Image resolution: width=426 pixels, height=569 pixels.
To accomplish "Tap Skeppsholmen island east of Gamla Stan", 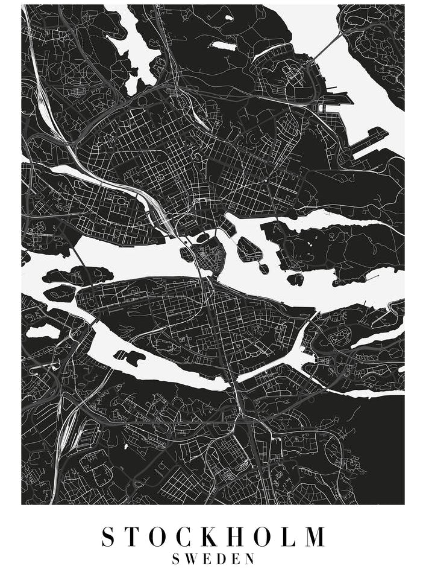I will (248, 248).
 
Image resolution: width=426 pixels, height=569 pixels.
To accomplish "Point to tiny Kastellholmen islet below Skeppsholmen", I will (263, 267).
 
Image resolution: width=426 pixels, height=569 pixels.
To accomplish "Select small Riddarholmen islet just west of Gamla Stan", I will (186, 254).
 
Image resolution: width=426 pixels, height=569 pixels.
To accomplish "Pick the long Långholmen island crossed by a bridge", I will (78, 276).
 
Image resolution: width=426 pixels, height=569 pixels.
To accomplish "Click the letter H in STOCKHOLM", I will (236, 536).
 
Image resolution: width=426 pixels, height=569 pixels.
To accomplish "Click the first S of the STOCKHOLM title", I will (108, 536).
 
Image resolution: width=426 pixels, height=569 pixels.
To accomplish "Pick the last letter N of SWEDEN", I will (250, 559).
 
